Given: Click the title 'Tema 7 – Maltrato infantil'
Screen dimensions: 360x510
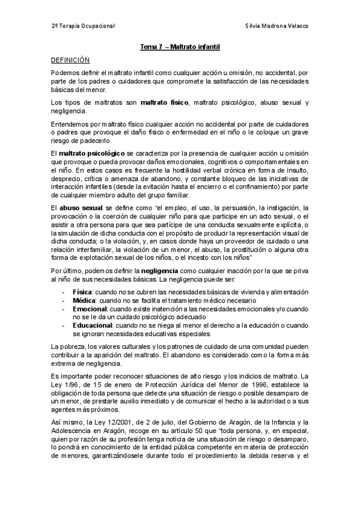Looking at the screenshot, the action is pyautogui.click(x=180, y=47).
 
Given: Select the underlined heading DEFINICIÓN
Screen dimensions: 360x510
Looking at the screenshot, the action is pyautogui.click(x=70, y=60).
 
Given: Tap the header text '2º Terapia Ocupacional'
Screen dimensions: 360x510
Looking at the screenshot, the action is pyautogui.click(x=83, y=26).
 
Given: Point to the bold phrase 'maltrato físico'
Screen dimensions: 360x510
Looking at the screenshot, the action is pyautogui.click(x=166, y=103).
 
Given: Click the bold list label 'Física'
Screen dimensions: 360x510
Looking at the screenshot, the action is pyautogui.click(x=82, y=291).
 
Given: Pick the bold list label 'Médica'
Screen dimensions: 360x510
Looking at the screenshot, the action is pyautogui.click(x=84, y=300).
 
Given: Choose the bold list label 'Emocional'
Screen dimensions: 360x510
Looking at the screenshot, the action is pyautogui.click(x=89, y=308).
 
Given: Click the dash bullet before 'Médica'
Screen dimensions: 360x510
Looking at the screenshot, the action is pyautogui.click(x=64, y=300).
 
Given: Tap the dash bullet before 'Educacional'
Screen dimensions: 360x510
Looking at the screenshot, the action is pyautogui.click(x=64, y=325).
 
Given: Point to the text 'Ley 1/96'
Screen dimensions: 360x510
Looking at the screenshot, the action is pyautogui.click(x=64, y=385).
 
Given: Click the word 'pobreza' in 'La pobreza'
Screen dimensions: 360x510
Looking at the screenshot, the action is pyautogui.click(x=72, y=347).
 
